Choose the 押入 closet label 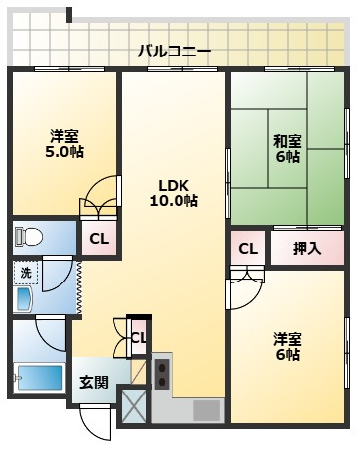pyautogui.click(x=307, y=249)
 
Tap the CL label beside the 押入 pyautogui.click(x=247, y=249)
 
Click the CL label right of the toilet pyautogui.click(x=98, y=238)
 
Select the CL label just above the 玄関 pyautogui.click(x=138, y=338)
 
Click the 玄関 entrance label pyautogui.click(x=94, y=382)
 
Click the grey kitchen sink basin pyautogui.click(x=206, y=409)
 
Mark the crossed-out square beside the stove pyautogui.click(x=132, y=407)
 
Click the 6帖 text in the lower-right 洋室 pyautogui.click(x=287, y=355)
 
